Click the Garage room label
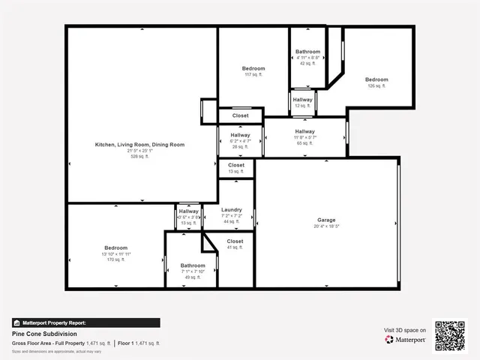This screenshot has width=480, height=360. (x=326, y=220)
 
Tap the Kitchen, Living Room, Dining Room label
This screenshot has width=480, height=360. (x=139, y=144)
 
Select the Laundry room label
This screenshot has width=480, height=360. (x=231, y=210)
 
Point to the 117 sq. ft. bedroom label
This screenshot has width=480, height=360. (x=253, y=68)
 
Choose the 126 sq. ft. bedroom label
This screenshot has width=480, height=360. (x=376, y=79)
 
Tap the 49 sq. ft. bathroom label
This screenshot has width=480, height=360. (x=193, y=265)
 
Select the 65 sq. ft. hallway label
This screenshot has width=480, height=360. (x=304, y=132)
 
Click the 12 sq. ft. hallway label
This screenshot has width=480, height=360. (x=302, y=100)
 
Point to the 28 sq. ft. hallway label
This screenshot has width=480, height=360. (x=240, y=136)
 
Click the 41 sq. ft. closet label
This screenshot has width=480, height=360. (x=235, y=241)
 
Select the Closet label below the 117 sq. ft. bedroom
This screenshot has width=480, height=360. (x=240, y=115)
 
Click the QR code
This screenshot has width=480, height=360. (x=450, y=336)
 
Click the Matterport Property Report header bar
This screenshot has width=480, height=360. (x=85, y=322)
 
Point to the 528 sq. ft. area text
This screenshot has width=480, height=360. (x=139, y=157)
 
